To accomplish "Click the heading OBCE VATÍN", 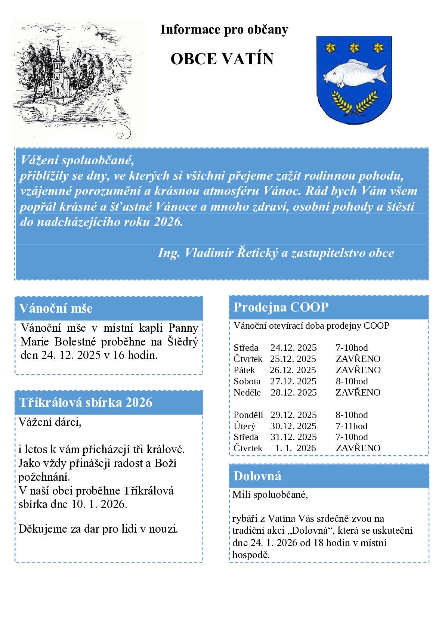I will (222, 59).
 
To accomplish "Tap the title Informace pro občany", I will (224, 30).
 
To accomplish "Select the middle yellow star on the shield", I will (353, 47).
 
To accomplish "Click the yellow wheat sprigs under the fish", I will (354, 102).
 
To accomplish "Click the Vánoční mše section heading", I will (56, 309).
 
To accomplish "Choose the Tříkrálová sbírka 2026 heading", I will (86, 402).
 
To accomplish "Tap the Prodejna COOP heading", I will (281, 307).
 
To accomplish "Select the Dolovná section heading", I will (257, 476).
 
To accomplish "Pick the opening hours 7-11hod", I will (351, 426).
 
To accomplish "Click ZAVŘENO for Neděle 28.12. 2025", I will (358, 392).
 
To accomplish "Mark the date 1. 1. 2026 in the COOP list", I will (295, 448).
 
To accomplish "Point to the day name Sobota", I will (247, 381).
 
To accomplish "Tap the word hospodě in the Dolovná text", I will (251, 555).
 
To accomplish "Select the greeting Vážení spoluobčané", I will (77, 160).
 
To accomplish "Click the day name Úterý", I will (244, 426).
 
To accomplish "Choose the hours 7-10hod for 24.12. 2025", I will (351, 348).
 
